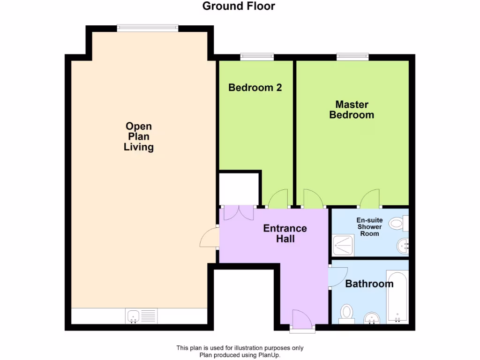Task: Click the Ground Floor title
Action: click(239, 6)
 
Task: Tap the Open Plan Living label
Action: click(139, 136)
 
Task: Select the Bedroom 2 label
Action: click(255, 87)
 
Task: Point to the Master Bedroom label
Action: click(352, 109)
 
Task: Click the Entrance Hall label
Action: click(285, 233)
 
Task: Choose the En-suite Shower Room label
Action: click(369, 227)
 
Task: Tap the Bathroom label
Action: click(369, 284)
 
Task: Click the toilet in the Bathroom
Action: click(347, 313)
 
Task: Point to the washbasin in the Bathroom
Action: click(373, 318)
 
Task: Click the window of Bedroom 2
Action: click(257, 57)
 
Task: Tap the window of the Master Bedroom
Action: click(352, 57)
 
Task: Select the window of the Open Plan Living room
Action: click(148, 28)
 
